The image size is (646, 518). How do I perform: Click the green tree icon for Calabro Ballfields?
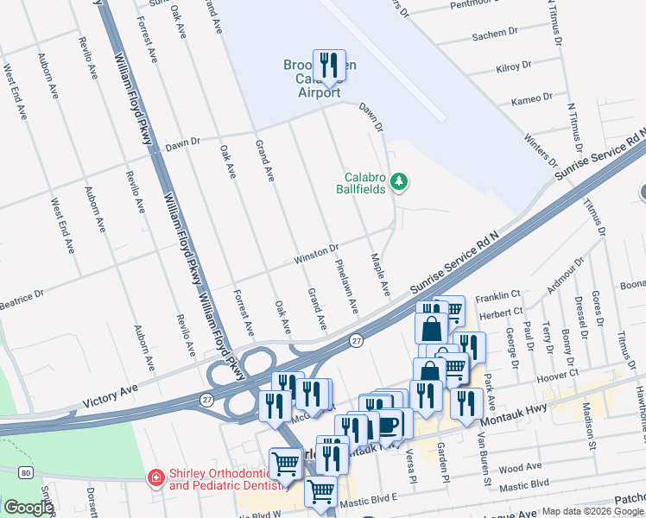[399, 181]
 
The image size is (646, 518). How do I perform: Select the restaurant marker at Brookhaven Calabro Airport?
[328, 66]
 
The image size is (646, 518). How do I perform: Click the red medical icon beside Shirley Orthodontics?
[155, 477]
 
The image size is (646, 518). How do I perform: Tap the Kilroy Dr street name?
[518, 66]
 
